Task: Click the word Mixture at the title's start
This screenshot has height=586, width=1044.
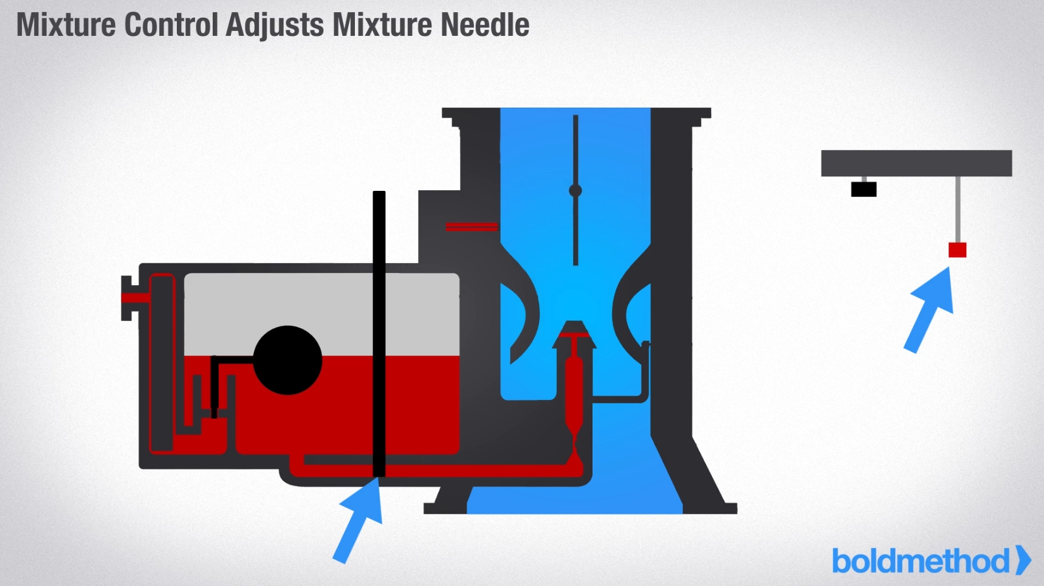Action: pos(66,26)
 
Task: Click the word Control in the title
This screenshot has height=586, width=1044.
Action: pos(171,26)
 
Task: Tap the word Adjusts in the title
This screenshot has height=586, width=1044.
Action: pos(275,26)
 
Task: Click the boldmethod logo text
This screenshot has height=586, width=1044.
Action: pos(920,560)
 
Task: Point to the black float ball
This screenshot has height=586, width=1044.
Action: pos(287,360)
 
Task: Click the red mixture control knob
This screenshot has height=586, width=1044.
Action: pos(957,250)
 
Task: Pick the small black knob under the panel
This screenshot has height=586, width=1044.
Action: pos(864,189)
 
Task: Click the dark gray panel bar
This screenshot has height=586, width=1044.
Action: pos(916,163)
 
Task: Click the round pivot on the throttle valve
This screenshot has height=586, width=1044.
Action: pos(575,190)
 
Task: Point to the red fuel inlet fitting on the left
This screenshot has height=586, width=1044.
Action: pos(135,297)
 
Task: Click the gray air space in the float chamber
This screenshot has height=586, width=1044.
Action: pos(273,304)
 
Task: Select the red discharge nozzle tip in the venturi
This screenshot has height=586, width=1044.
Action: pos(574,334)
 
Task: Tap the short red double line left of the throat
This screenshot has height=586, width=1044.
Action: pos(472,227)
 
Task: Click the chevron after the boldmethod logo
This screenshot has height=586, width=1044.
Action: pos(1023,560)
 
